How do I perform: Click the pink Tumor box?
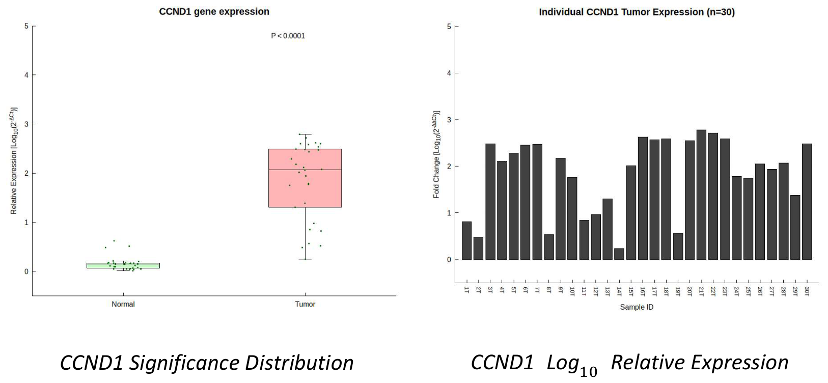point(305,178)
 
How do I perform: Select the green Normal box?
point(123,265)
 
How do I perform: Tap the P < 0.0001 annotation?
point(288,36)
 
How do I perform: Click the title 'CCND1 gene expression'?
point(214,12)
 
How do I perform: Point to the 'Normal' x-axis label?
point(123,304)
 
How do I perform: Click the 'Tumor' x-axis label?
point(305,304)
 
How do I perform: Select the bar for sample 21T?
point(701,195)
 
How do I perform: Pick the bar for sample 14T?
point(619,254)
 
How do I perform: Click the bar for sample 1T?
point(467,241)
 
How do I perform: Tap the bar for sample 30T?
point(807,202)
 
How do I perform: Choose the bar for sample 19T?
point(678,247)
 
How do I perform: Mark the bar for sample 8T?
point(549,247)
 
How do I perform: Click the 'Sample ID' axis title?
point(637,307)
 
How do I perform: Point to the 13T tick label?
point(608,291)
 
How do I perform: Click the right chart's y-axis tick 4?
point(449,73)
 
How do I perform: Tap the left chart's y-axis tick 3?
point(26,124)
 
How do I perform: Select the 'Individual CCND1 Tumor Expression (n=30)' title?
point(637,12)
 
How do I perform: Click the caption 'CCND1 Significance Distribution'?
point(207,363)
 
